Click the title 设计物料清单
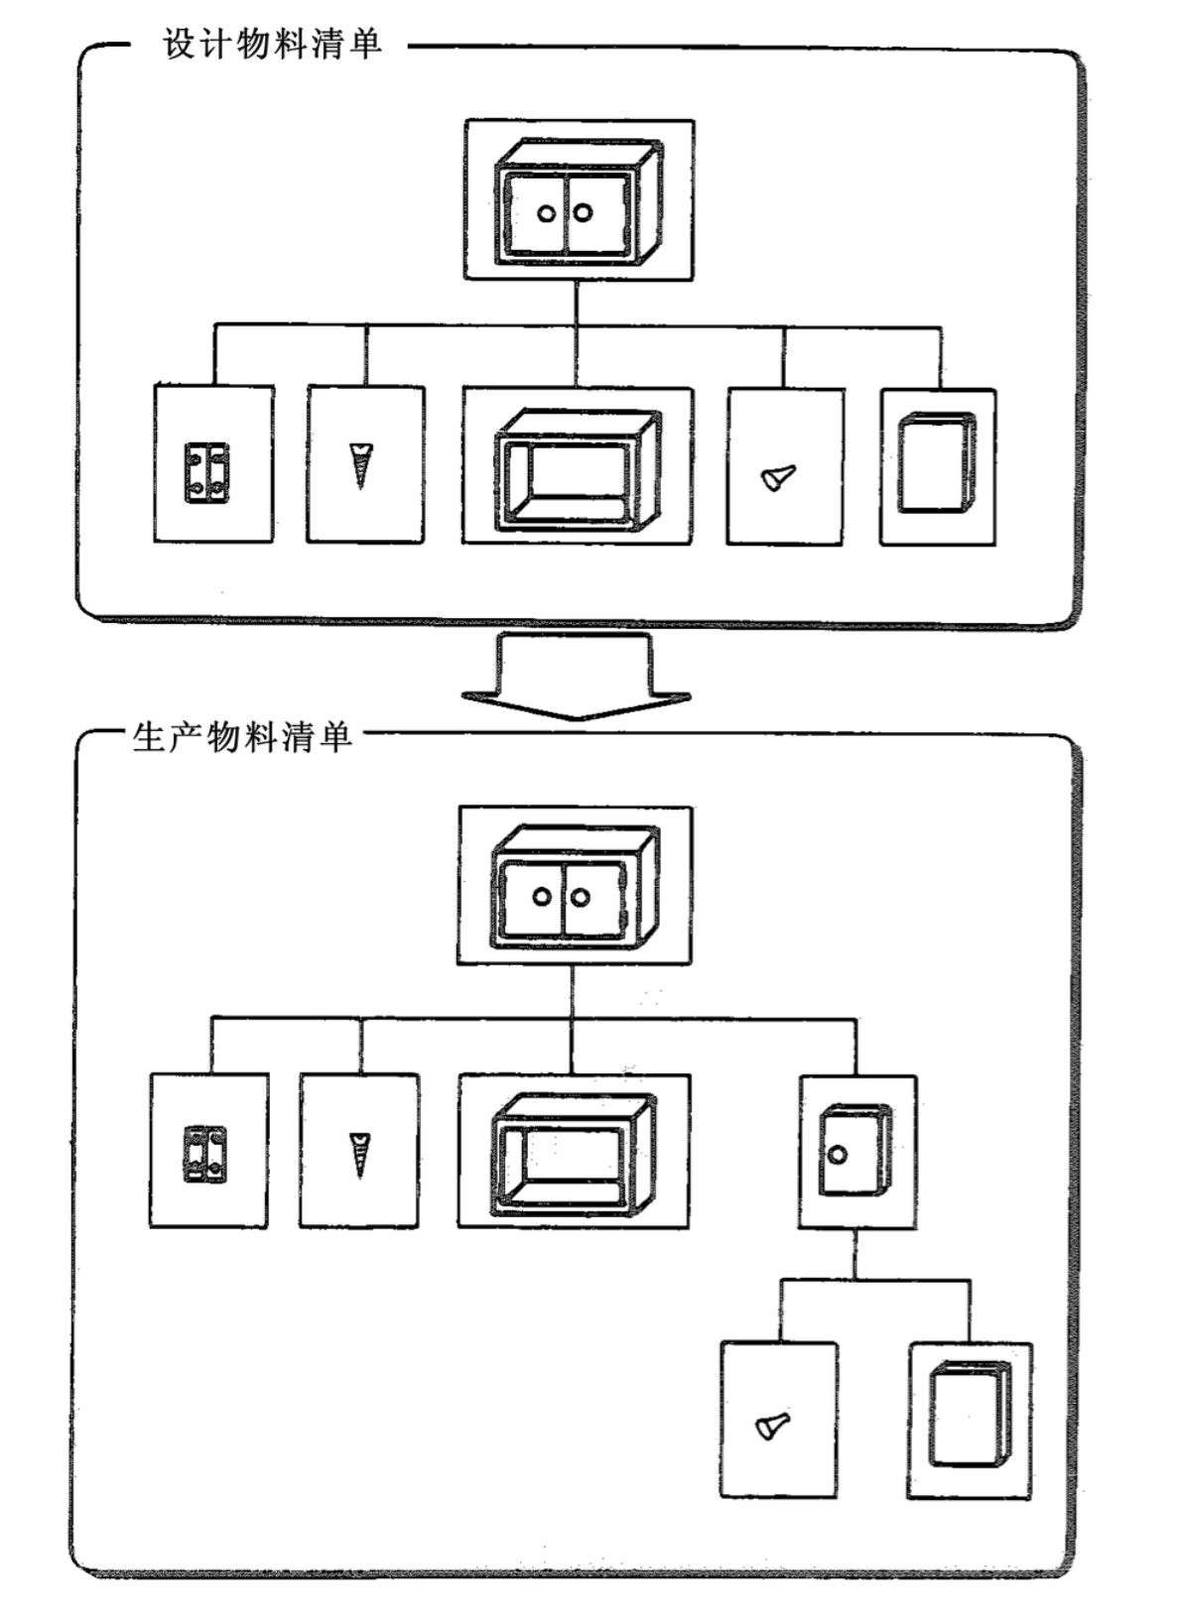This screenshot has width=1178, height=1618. (273, 45)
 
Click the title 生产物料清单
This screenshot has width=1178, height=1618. (242, 737)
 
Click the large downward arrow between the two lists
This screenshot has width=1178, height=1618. (576, 677)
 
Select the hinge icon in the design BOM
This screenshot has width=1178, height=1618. (206, 473)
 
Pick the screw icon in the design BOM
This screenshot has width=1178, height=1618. (360, 466)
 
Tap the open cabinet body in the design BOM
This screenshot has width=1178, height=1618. (578, 469)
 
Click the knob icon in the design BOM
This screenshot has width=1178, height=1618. (778, 478)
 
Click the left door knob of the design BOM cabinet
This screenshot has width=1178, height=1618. (547, 214)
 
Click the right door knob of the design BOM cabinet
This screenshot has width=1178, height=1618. (584, 213)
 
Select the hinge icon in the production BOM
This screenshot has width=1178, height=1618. (203, 1154)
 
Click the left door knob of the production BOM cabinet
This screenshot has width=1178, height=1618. (541, 897)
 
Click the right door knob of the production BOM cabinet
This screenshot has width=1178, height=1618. (580, 897)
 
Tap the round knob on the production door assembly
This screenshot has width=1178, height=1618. (837, 1155)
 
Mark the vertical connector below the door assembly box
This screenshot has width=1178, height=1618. (854, 1254)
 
